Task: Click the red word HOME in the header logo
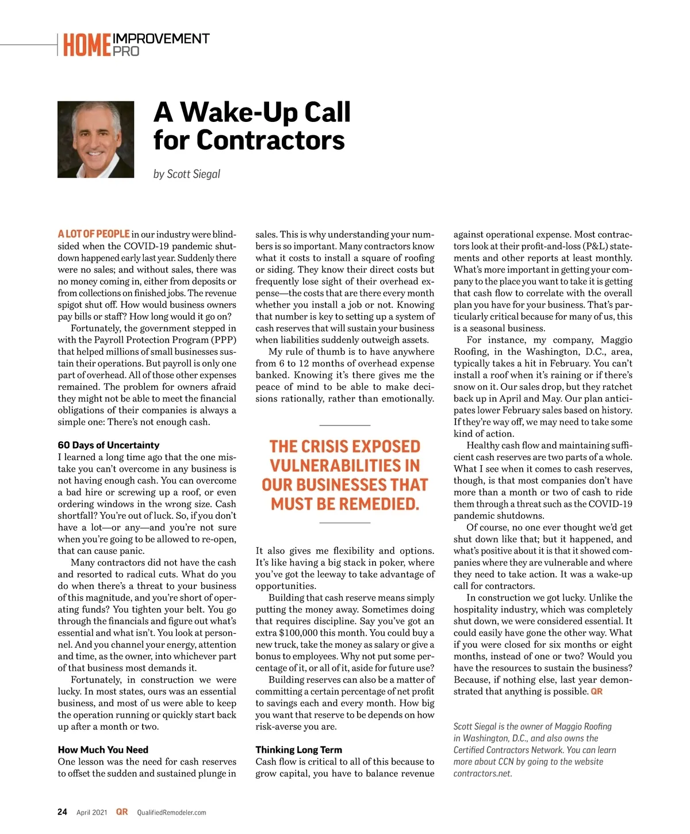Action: pos(87,45)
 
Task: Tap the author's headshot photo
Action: pos(95,139)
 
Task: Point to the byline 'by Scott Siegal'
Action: pos(186,174)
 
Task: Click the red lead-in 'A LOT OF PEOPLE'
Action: pos(93,234)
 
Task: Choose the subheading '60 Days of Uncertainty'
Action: pos(108,445)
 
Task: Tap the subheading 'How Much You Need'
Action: pos(103,750)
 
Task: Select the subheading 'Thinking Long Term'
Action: pos(298,750)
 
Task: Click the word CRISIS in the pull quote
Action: pos(331,447)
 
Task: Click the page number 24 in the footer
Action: pos(62,812)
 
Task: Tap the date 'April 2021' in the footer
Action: pos(91,813)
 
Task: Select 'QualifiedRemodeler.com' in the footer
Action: pos(171,813)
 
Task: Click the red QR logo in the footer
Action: pos(122,812)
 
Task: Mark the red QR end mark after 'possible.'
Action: pos(596,691)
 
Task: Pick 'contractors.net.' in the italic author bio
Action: pos(482,773)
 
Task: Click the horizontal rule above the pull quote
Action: pos(344,425)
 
